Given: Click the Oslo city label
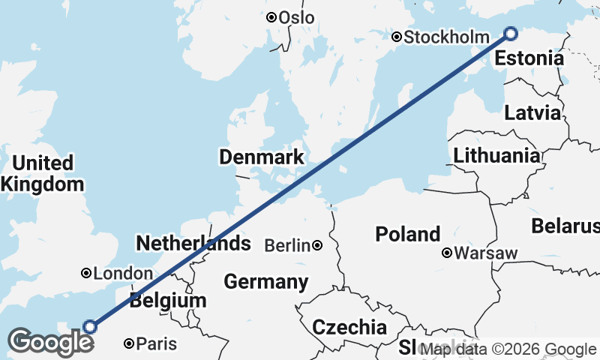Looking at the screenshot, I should point(295,17).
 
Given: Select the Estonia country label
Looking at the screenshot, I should point(529,58).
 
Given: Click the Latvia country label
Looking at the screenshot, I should point(532,113).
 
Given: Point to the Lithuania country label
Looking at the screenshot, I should point(496,156).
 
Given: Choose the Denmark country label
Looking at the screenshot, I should point(262,157).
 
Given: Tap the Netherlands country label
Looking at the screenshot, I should point(193,243).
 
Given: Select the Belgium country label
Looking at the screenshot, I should point(167,301).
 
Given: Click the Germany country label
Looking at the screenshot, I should point(266,282).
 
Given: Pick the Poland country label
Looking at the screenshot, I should point(408,234).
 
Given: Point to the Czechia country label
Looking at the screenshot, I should point(349,327).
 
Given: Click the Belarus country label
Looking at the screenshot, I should point(566,225).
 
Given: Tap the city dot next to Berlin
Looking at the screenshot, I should point(318,245).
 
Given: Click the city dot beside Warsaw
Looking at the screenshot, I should point(447,253).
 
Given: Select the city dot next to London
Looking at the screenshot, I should point(87,274).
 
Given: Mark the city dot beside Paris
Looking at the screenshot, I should point(129,343).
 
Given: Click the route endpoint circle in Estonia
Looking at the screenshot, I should point(511,33).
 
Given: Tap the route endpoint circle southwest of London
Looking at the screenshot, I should point(90,326).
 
